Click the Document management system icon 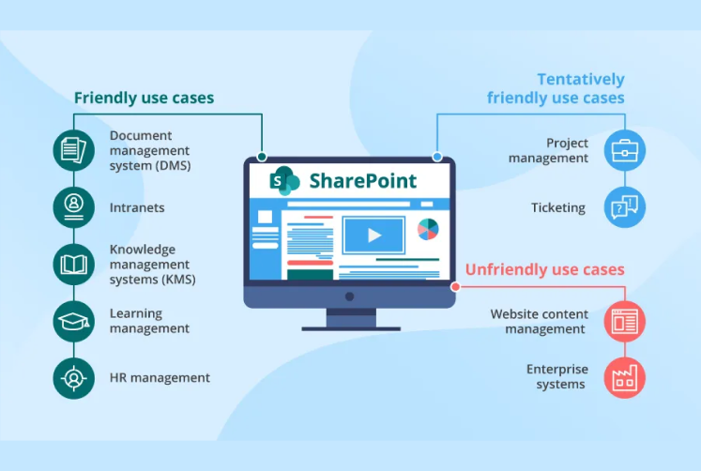pos(74,150)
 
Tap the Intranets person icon pos(74,206)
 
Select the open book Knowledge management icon pos(74,264)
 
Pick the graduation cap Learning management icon pos(74,321)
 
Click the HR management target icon pos(74,378)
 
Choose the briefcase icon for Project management pos(623,150)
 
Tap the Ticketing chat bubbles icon pos(623,207)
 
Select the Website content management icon pos(623,320)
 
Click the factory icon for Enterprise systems pos(623,377)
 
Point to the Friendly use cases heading pos(144,98)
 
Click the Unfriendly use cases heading pos(544,270)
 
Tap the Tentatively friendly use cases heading pos(556,88)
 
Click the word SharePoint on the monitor pos(362,180)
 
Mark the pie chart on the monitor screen pos(428,229)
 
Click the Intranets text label pos(137,207)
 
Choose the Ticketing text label pos(559,207)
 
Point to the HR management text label pos(160,378)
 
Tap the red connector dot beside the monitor pos(455,287)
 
